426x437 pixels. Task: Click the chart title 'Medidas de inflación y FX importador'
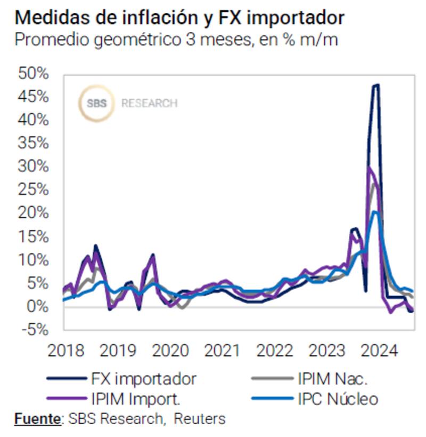tap(179, 17)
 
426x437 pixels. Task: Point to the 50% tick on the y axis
tap(34, 74)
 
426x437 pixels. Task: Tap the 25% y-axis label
tap(34, 190)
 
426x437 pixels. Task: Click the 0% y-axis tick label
tap(37, 306)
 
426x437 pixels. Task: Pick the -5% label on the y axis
tap(35, 329)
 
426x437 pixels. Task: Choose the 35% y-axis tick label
tap(34, 143)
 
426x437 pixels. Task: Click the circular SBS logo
tap(96, 103)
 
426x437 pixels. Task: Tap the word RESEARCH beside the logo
tap(150, 103)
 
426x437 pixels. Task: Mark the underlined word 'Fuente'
tap(37, 419)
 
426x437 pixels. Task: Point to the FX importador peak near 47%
tap(376, 85)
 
